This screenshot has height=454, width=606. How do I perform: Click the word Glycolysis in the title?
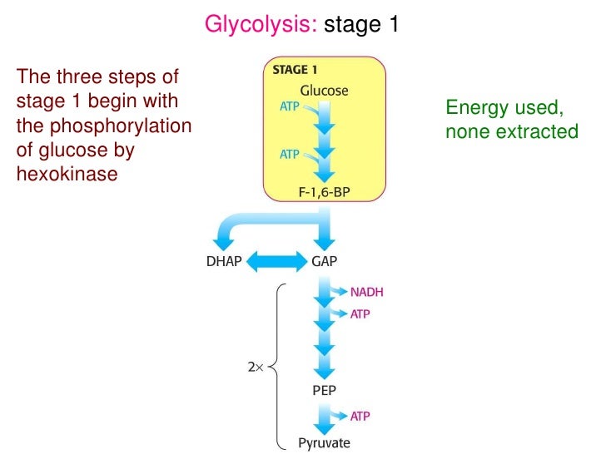261,25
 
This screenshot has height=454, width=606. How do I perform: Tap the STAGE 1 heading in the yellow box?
295,70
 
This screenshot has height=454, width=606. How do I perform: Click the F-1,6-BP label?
324,192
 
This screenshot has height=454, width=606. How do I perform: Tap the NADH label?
367,292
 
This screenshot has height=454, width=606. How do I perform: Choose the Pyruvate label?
324,442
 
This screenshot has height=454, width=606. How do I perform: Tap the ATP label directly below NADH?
360,314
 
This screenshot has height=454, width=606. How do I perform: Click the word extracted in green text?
545,131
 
